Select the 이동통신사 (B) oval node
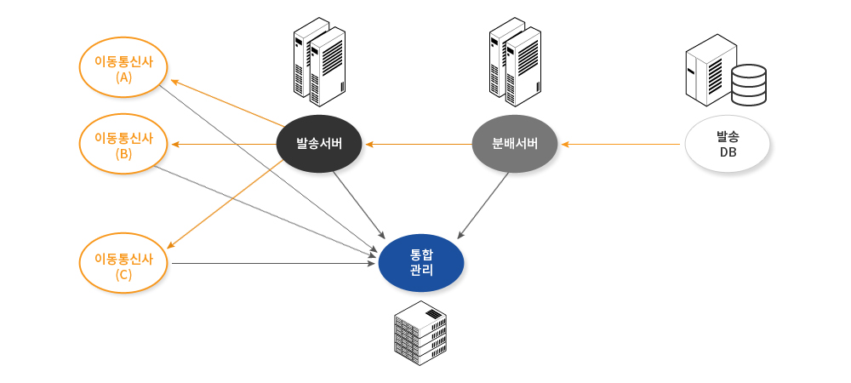(x=123, y=145)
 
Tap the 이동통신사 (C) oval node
(x=123, y=265)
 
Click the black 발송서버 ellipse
(x=319, y=143)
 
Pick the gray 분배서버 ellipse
(x=515, y=143)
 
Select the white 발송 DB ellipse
(x=728, y=145)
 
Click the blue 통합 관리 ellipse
(x=421, y=262)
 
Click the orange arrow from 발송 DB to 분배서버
(x=621, y=144)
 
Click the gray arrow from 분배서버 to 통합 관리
(x=485, y=204)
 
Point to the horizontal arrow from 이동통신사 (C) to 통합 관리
(x=272, y=264)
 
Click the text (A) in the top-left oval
(x=123, y=77)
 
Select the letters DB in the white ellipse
(x=728, y=152)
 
